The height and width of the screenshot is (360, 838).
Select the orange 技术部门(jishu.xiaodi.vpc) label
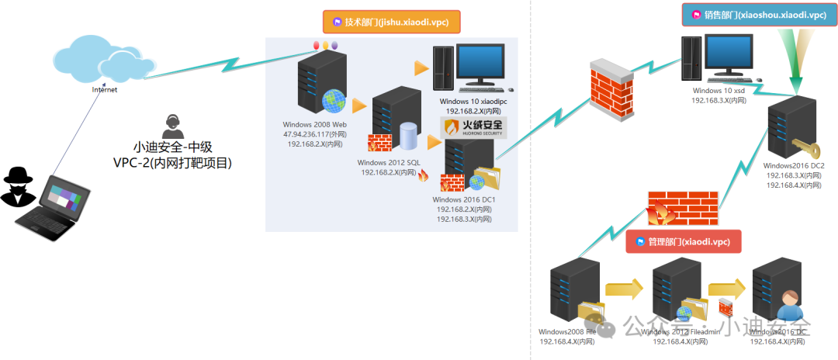392,22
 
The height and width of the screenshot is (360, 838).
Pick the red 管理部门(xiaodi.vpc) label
683,241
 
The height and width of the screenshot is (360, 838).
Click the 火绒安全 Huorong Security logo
472,127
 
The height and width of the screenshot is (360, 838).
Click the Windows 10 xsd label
719,90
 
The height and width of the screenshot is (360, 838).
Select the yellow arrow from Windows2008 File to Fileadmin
625,290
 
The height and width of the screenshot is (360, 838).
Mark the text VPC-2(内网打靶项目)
172,163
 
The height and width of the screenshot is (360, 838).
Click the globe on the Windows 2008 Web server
333,100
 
